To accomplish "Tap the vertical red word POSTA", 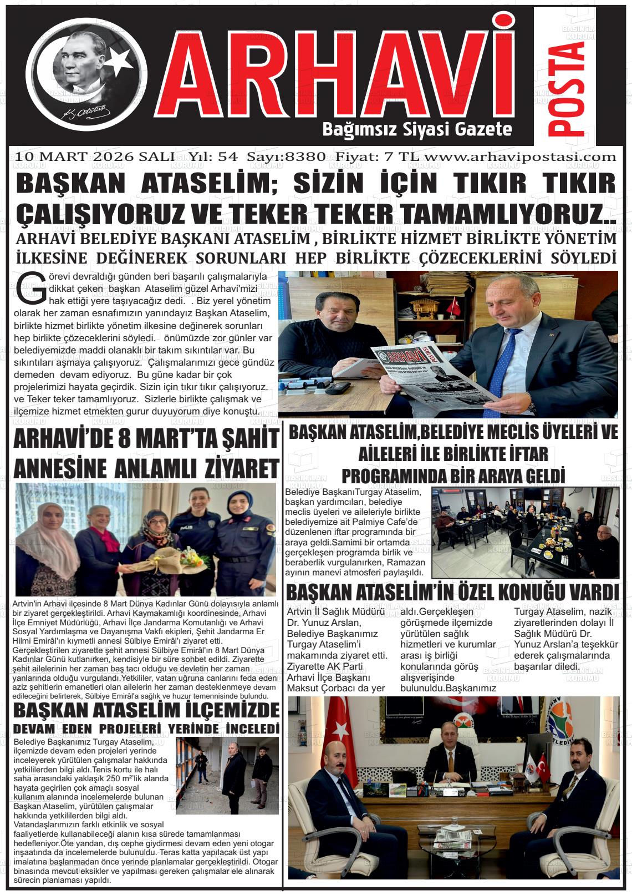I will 567,89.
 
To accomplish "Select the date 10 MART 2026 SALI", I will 96,156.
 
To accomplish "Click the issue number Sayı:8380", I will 286,156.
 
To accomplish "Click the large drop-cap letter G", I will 32,289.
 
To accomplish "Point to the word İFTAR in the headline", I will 521,454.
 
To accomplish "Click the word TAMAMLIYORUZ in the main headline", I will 499,214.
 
